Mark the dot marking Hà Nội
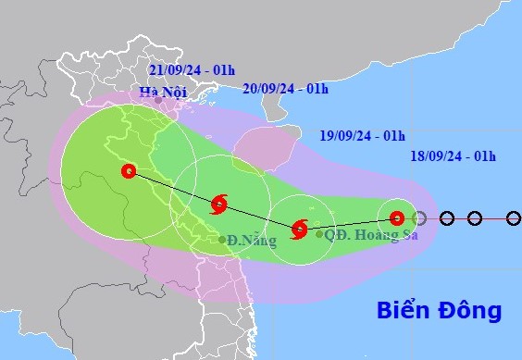(158, 100)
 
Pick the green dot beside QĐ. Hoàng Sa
(319, 234)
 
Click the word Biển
(407, 309)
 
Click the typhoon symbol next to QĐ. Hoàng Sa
(299, 229)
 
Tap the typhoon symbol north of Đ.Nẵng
(219, 205)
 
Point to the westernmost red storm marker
(129, 171)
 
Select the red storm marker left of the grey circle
(396, 218)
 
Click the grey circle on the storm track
(419, 218)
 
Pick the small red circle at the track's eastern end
(515, 218)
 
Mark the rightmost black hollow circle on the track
(475, 218)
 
